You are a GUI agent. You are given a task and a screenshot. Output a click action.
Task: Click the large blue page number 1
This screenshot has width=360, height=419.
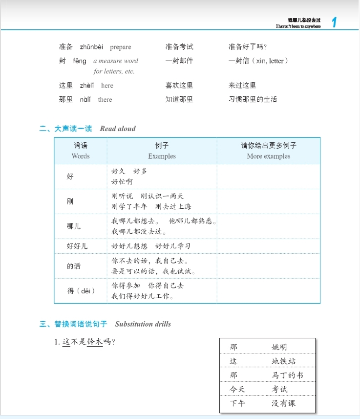click(x=335, y=22)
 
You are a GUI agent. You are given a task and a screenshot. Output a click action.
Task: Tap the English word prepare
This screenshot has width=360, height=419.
click(x=121, y=47)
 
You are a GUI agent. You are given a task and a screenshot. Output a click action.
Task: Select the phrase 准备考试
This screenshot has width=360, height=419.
click(x=179, y=47)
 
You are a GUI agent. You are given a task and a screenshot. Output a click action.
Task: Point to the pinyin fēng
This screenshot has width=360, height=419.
click(x=80, y=61)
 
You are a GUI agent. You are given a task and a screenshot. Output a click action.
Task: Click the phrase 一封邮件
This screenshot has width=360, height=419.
click(x=179, y=61)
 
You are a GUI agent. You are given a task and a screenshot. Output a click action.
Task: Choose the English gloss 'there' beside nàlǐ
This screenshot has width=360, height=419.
click(x=105, y=100)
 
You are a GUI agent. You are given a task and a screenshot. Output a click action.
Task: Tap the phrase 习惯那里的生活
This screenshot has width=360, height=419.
click(x=253, y=99)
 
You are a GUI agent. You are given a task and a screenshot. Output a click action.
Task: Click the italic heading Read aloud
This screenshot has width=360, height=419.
click(x=118, y=129)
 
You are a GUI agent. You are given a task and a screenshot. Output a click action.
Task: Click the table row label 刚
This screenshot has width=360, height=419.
click(x=70, y=201)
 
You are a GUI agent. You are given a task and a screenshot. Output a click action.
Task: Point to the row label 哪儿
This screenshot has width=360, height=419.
click(x=74, y=226)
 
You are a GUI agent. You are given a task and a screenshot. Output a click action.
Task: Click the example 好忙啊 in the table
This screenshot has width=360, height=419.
click(x=122, y=182)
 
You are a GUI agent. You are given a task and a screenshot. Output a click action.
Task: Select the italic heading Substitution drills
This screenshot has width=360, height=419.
click(x=143, y=324)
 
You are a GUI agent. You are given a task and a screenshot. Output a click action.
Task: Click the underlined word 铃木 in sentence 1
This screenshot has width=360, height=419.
click(x=95, y=342)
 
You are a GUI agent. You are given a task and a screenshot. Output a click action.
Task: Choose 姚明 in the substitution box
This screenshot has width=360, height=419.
click(x=279, y=347)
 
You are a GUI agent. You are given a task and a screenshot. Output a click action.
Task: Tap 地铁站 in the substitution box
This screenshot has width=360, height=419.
click(x=284, y=361)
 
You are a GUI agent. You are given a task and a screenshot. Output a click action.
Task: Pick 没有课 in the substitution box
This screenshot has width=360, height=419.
click(x=284, y=403)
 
